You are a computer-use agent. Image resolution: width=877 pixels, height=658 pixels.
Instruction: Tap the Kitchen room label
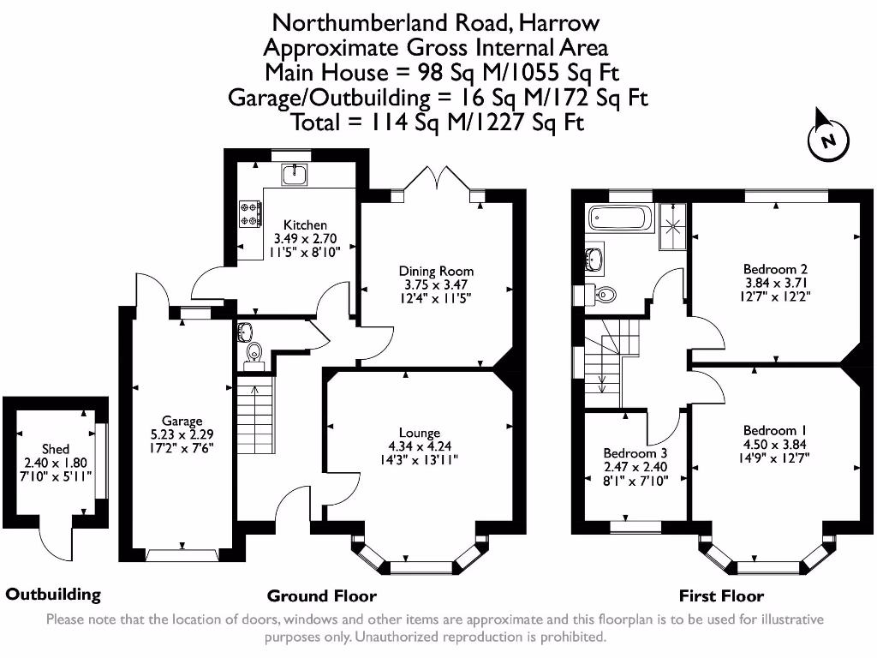(305, 224)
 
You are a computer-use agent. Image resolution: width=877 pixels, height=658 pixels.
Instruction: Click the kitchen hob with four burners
(251, 213)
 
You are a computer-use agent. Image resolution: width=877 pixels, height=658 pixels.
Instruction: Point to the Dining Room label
(436, 271)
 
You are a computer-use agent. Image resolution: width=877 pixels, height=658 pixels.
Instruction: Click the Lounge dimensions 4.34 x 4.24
(419, 446)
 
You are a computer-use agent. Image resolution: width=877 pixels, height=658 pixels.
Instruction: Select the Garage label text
(182, 421)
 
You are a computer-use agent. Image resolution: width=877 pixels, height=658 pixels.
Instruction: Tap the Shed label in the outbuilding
(56, 449)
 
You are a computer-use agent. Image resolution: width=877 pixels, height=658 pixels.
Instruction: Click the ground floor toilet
(254, 352)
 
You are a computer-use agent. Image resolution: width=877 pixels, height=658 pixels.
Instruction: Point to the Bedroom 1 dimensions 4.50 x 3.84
(775, 444)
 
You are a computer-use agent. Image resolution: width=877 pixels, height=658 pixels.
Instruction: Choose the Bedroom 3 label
(635, 453)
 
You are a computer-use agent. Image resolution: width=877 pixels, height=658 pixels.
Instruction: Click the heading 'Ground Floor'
(321, 595)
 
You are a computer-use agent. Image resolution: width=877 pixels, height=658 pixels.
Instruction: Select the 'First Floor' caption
(721, 595)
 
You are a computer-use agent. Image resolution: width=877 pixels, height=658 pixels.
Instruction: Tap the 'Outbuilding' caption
(53, 594)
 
